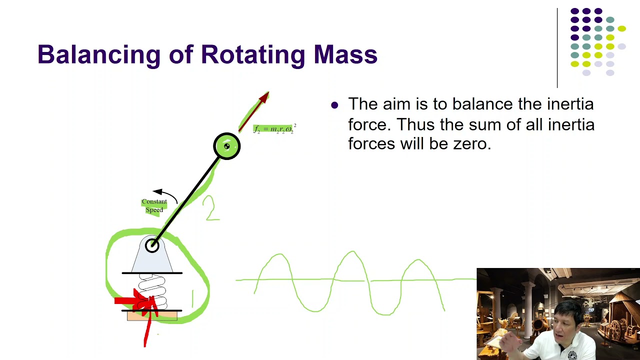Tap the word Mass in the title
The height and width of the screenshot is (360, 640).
(345, 55)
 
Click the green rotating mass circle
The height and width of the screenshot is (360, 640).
(227, 146)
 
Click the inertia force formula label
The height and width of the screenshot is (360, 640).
(274, 129)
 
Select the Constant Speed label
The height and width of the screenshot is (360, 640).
(154, 205)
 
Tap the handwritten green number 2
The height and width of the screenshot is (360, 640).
(210, 208)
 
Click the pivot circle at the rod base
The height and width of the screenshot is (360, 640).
(152, 245)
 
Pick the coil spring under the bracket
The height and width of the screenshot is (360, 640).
(152, 290)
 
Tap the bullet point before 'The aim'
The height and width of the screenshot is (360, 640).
(334, 105)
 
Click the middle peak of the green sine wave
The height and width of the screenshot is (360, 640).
(353, 253)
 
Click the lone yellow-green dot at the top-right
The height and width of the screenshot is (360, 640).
(621, 29)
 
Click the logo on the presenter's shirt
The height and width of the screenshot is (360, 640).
(572, 355)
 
